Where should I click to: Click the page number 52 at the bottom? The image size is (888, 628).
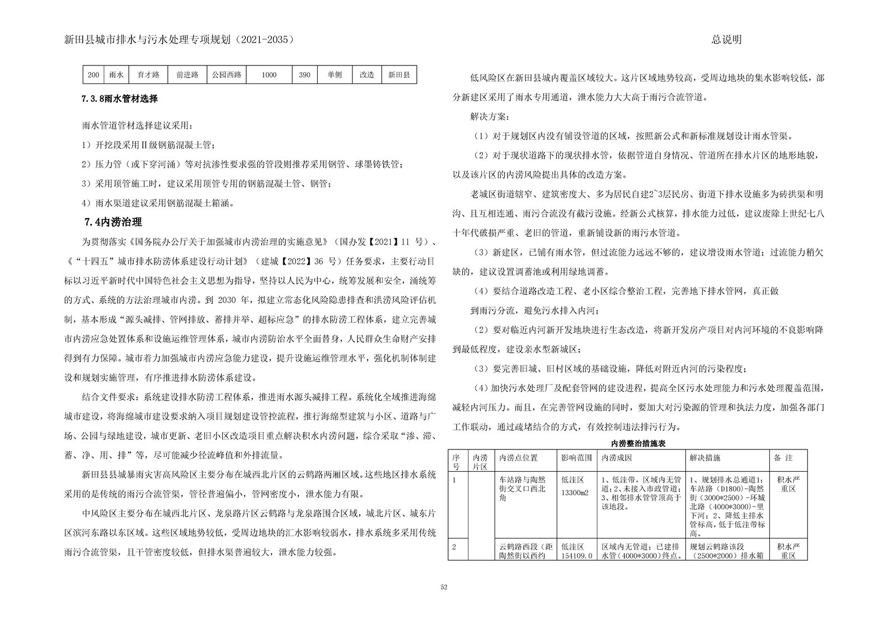tap(444, 587)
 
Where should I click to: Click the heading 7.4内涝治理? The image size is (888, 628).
tap(113, 222)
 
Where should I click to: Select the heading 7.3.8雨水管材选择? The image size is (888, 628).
tap(120, 99)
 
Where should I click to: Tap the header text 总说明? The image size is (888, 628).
tap(726, 40)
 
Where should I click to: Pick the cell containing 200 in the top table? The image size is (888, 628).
tap(93, 75)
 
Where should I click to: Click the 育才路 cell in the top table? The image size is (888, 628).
tap(148, 75)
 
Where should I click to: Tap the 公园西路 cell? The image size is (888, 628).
tap(226, 75)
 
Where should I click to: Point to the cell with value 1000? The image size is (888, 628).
tap(269, 75)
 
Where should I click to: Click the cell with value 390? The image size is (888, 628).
tap(304, 75)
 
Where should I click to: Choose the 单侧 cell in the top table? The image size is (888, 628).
tap(335, 75)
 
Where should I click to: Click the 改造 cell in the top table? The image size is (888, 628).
tap(367, 75)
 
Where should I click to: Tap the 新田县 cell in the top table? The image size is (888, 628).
tap(399, 75)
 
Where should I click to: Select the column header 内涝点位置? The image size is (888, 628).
tap(518, 458)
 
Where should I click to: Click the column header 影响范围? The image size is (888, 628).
tap(576, 458)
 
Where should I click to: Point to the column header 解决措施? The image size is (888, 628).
tap(705, 458)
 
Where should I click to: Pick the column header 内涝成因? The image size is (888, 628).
tap(617, 458)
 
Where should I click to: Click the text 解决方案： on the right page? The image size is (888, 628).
tap(490, 117)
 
